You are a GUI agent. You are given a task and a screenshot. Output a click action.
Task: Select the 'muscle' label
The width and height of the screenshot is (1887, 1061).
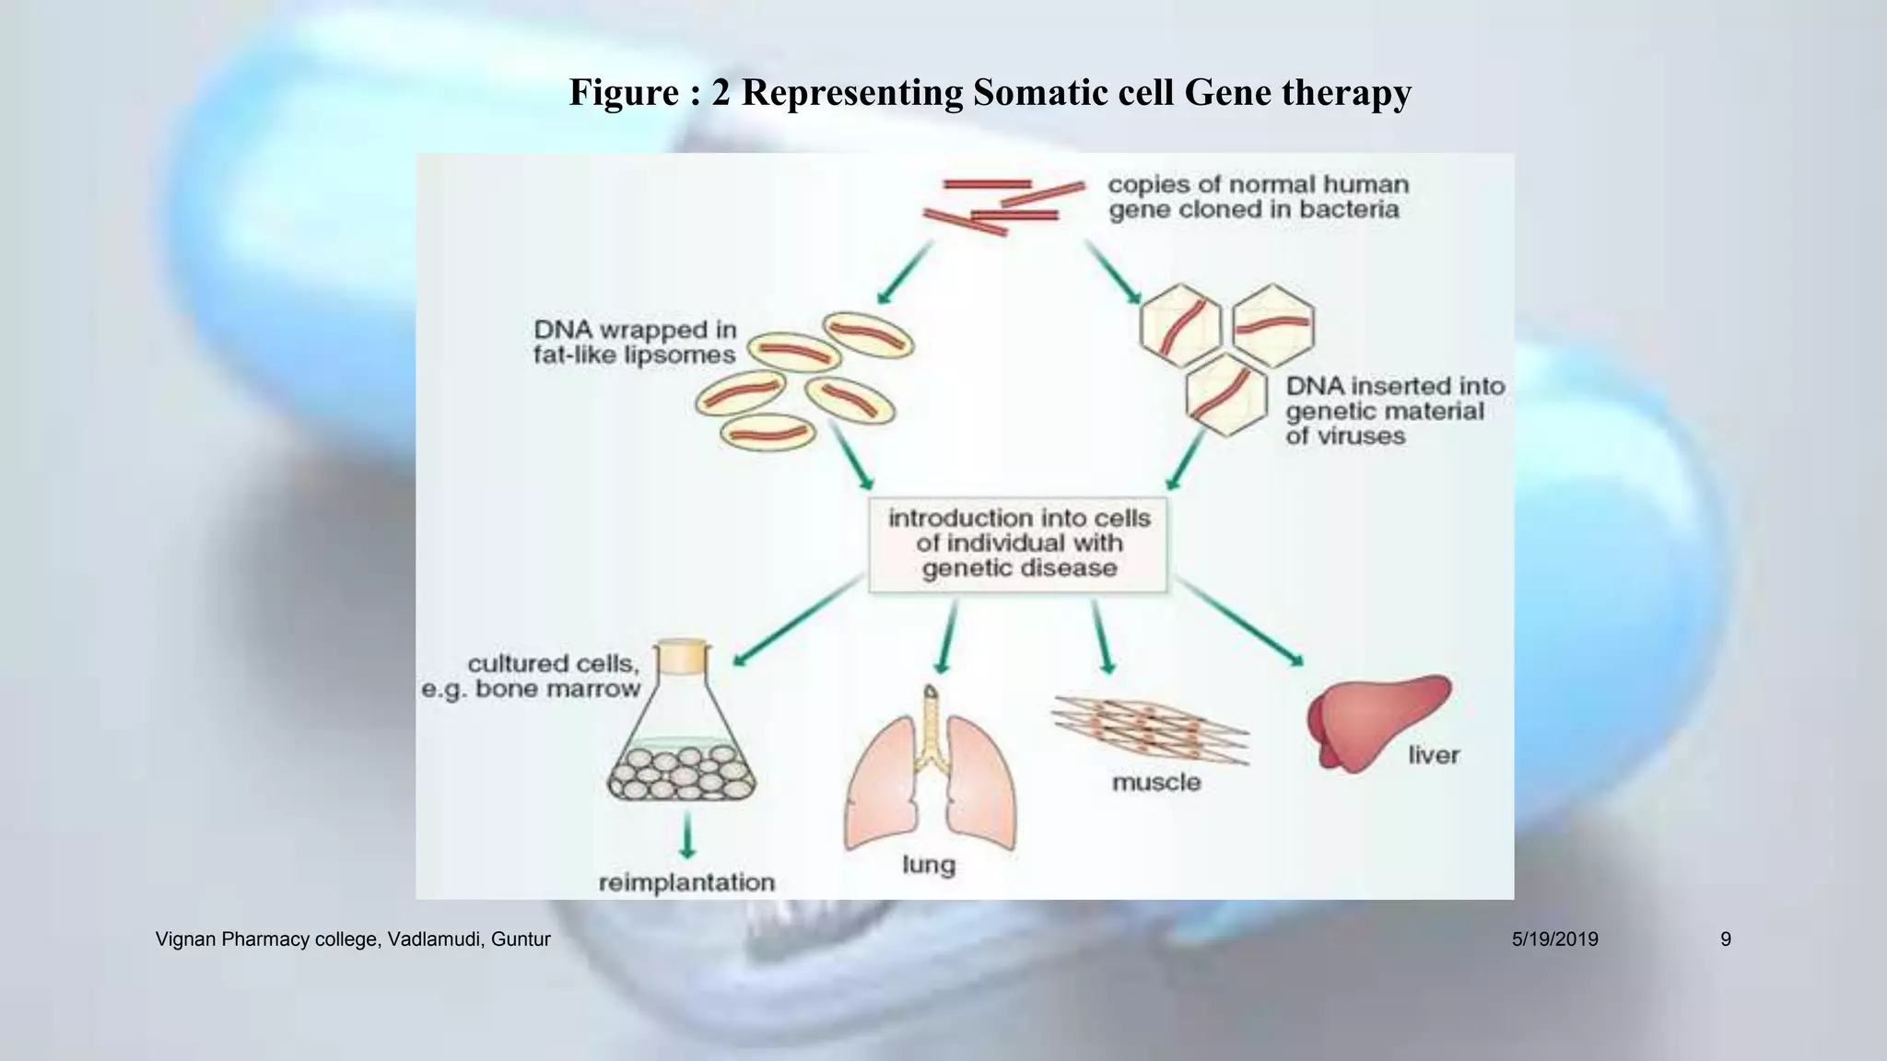[x=1156, y=783]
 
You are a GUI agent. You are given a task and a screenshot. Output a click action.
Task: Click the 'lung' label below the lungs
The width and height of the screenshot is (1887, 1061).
[x=928, y=865]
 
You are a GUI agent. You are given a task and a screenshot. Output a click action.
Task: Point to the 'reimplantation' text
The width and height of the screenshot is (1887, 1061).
[x=686, y=883]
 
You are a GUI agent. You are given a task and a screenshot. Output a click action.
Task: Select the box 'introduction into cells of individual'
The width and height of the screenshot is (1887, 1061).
[x=1018, y=544]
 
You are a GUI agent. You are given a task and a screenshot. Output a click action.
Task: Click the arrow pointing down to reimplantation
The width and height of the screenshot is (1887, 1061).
[x=686, y=835]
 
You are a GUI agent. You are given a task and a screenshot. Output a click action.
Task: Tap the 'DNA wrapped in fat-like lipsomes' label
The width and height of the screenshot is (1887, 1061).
[x=635, y=343]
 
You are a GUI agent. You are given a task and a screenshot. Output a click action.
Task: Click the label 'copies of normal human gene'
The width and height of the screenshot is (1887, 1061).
[x=1258, y=197]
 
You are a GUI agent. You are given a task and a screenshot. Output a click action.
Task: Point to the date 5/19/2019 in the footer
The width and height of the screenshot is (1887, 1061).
[x=1554, y=939]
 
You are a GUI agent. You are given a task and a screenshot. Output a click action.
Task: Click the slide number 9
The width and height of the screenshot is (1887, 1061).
[x=1725, y=939]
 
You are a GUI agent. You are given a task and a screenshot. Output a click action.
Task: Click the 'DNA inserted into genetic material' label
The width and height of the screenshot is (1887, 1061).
[x=1394, y=411]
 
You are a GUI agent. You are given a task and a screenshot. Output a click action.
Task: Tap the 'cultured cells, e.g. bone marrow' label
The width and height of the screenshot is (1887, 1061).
[x=532, y=676]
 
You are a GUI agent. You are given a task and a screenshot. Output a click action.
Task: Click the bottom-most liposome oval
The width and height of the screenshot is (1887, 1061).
[x=768, y=432]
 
